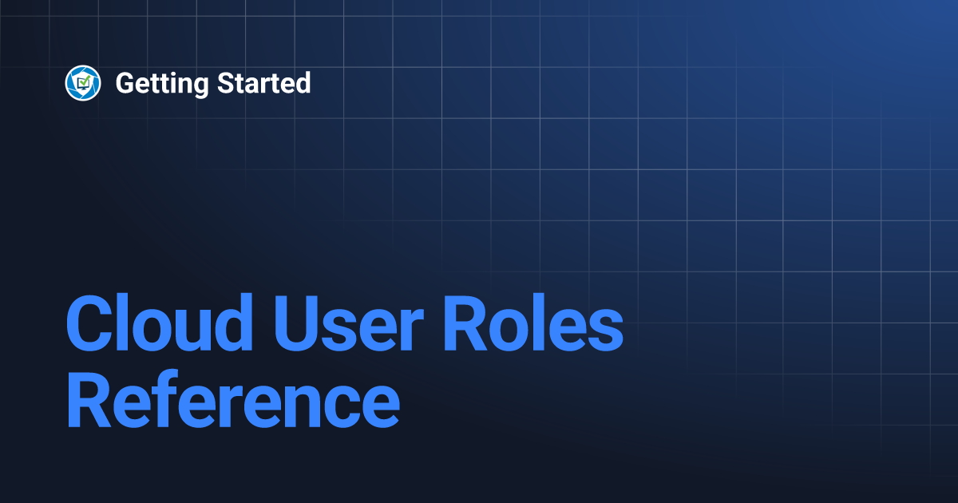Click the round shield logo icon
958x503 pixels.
coord(83,83)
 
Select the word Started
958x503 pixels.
coord(263,82)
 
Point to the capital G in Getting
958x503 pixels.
coord(126,83)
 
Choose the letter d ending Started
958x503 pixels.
coord(303,82)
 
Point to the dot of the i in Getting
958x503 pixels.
coord(183,73)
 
